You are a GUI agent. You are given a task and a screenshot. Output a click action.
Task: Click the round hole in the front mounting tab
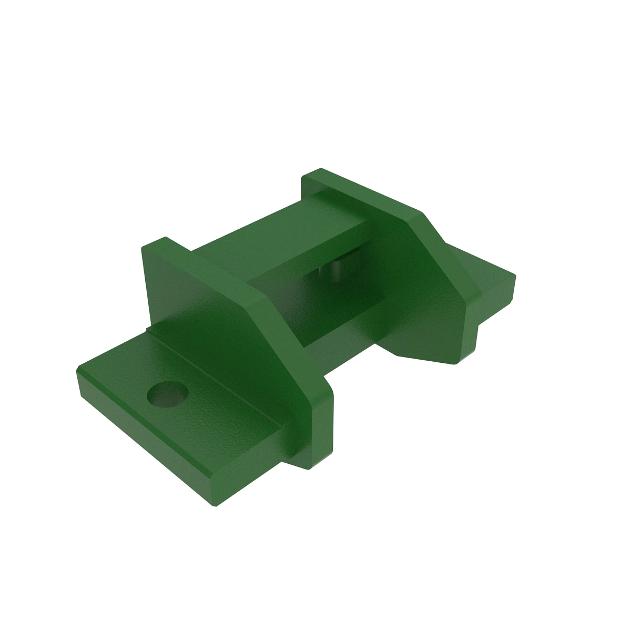(168, 394)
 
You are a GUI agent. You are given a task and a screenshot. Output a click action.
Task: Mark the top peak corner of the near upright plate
(165, 238)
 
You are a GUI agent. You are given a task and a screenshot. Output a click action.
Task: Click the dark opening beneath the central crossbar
(310, 294)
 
